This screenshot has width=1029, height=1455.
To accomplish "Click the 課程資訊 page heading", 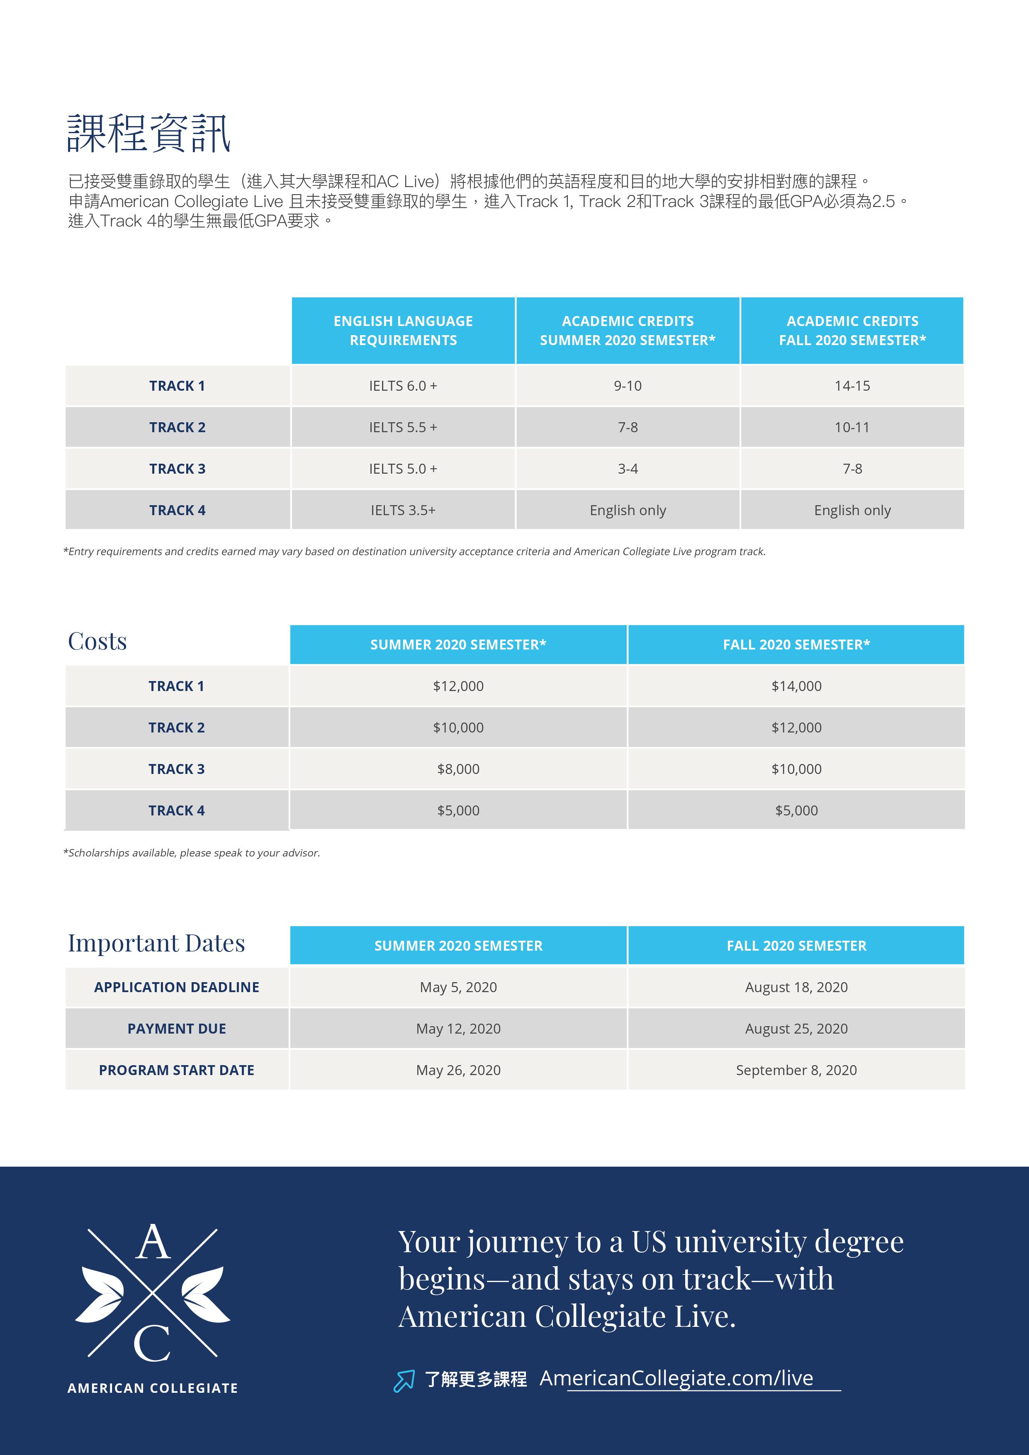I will click(149, 133).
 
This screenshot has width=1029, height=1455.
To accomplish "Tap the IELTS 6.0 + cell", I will click(403, 385).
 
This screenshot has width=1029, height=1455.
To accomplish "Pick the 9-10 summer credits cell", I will click(627, 385).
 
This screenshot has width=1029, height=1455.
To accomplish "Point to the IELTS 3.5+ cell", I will click(403, 510).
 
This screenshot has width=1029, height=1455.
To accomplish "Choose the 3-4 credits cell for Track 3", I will click(627, 469).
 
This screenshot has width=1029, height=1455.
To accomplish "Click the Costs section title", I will click(97, 641).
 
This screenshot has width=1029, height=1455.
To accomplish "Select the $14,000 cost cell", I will click(796, 686).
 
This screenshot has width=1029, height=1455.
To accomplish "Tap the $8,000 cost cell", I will click(458, 769).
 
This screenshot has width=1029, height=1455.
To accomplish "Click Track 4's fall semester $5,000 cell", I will click(796, 810).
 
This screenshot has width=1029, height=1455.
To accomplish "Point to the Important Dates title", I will click(156, 943).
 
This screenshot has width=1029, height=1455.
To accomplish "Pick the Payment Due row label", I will click(177, 1029).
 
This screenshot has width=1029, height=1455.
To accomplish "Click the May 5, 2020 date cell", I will click(458, 987).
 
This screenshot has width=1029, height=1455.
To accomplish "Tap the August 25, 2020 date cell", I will click(796, 1029).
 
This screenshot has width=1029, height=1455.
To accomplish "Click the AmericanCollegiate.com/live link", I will click(676, 1378).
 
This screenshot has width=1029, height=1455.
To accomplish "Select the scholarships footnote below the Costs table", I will click(191, 853).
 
